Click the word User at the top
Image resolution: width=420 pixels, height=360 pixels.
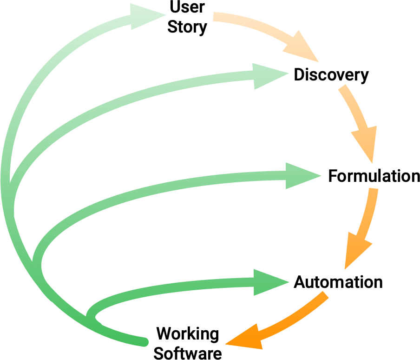[187, 8]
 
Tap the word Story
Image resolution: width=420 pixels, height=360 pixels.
[187, 27]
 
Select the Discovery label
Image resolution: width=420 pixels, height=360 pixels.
[331, 75]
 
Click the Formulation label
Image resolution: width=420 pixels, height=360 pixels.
[374, 177]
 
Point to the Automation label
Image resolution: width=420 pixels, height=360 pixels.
[338, 282]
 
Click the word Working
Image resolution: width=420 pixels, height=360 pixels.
[188, 333]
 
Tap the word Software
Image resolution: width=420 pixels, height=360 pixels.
[188, 353]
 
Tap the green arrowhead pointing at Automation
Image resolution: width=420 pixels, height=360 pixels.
[269, 282]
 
